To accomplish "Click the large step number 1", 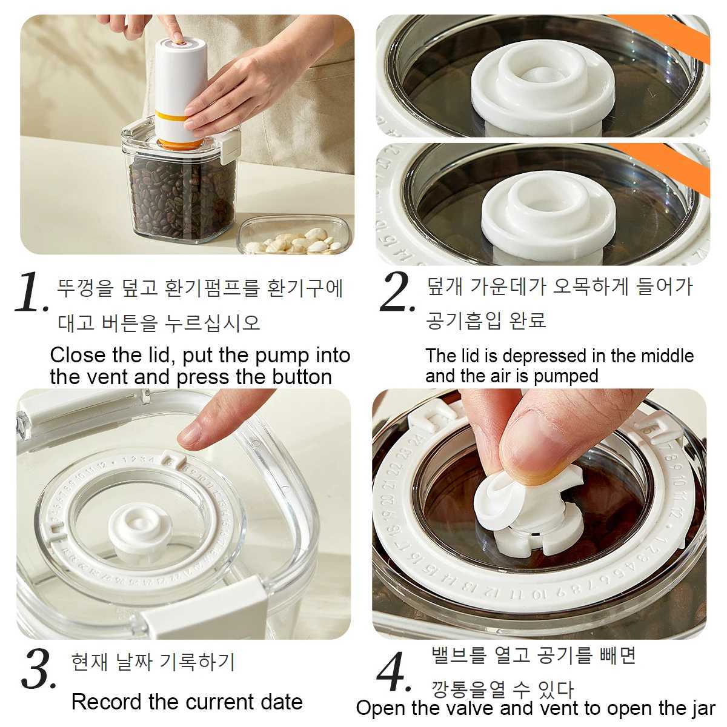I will pyautogui.click(x=30, y=292).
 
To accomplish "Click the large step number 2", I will pyautogui.click(x=397, y=292).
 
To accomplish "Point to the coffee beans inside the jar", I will pyautogui.click(x=182, y=194).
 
